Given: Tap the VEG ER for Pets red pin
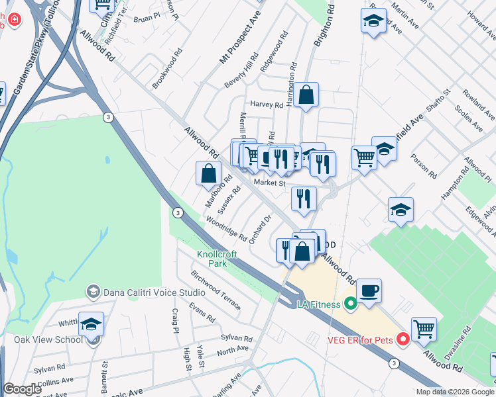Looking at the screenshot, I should [403, 339].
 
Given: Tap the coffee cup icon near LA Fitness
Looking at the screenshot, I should [369, 290].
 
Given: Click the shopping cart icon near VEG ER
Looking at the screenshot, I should [424, 329].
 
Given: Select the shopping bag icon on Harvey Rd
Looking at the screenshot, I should [306, 95].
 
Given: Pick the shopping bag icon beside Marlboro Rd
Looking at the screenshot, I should [208, 174].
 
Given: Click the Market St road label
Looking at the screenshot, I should [269, 183].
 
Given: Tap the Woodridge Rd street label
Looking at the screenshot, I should [225, 228].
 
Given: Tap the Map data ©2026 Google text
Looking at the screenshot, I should [454, 392].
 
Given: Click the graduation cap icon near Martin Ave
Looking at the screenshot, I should [373, 21].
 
